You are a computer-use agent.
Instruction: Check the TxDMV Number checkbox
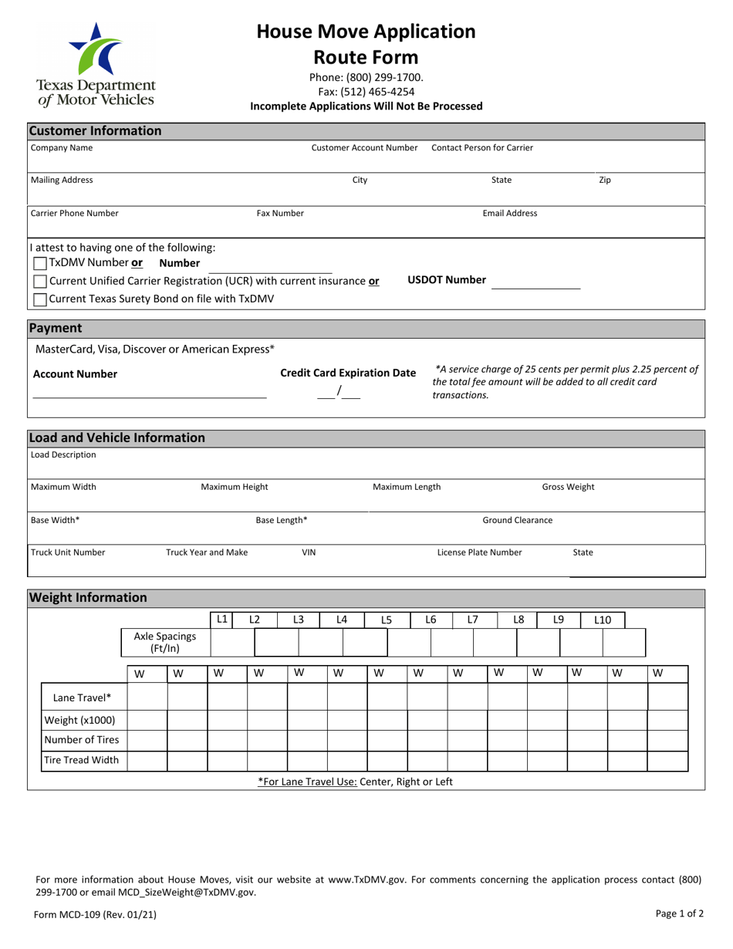click(40, 263)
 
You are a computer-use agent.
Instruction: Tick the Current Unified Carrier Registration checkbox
click(40, 282)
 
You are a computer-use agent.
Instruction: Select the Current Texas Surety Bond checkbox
click(40, 299)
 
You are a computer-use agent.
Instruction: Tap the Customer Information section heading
click(95, 130)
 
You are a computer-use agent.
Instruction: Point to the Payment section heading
click(55, 328)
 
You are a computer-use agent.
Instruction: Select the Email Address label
click(509, 213)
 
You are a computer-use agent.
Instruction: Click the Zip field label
click(605, 180)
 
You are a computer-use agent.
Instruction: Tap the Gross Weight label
click(568, 487)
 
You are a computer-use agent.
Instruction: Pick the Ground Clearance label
click(517, 520)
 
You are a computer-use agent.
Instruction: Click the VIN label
click(308, 552)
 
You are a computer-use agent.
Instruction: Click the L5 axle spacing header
click(387, 620)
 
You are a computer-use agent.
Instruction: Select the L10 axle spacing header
click(602, 620)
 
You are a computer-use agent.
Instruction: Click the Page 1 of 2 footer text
click(679, 914)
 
